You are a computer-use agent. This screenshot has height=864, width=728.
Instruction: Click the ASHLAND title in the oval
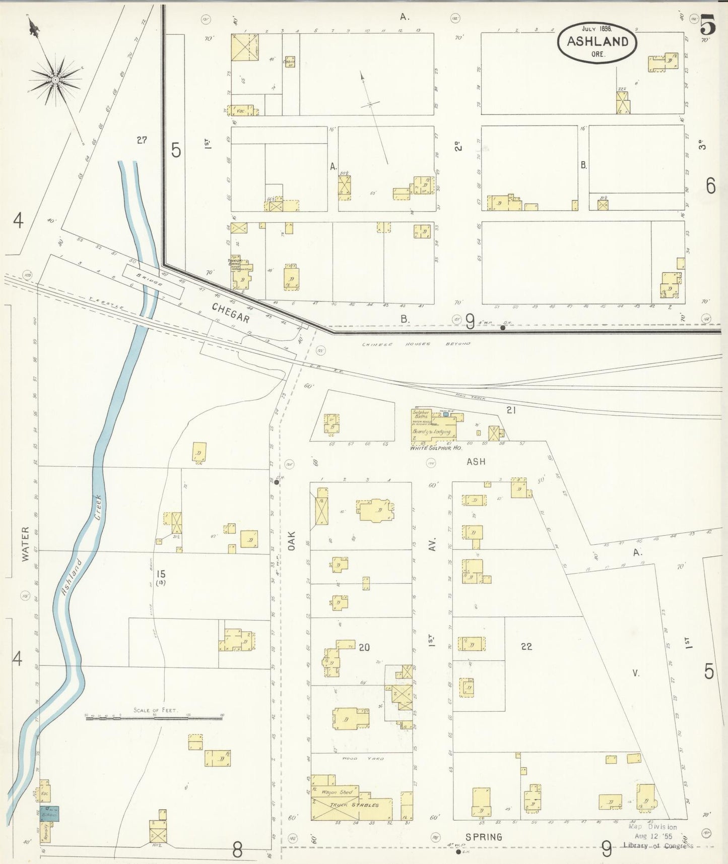598,42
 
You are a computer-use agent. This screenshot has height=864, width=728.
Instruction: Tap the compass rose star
55,80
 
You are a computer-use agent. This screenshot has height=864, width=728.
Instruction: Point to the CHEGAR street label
231,313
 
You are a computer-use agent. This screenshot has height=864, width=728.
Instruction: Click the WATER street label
25,544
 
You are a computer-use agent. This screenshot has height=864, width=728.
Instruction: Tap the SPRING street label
484,837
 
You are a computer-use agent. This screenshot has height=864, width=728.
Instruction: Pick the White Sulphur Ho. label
436,448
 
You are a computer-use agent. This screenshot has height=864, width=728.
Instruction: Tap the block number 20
364,647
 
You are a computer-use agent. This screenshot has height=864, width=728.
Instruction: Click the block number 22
526,646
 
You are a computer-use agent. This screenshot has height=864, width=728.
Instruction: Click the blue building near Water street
50,814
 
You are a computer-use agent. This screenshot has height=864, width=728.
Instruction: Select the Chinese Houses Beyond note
416,344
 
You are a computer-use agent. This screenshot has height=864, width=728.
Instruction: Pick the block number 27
142,140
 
